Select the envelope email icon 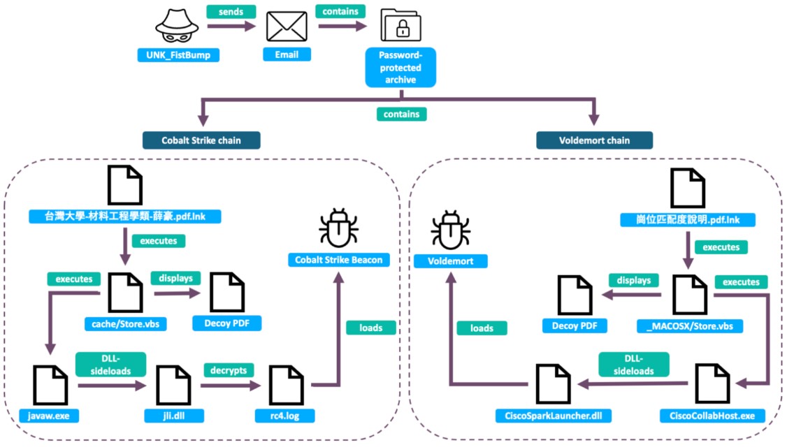(x=287, y=29)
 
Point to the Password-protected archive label (x=400, y=67)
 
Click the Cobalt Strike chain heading (x=201, y=140)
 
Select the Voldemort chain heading (x=594, y=140)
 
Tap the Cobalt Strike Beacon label (x=338, y=261)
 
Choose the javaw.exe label (x=50, y=416)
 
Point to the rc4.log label (x=287, y=416)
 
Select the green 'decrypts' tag (x=227, y=369)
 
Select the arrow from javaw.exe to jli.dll (x=111, y=385)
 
